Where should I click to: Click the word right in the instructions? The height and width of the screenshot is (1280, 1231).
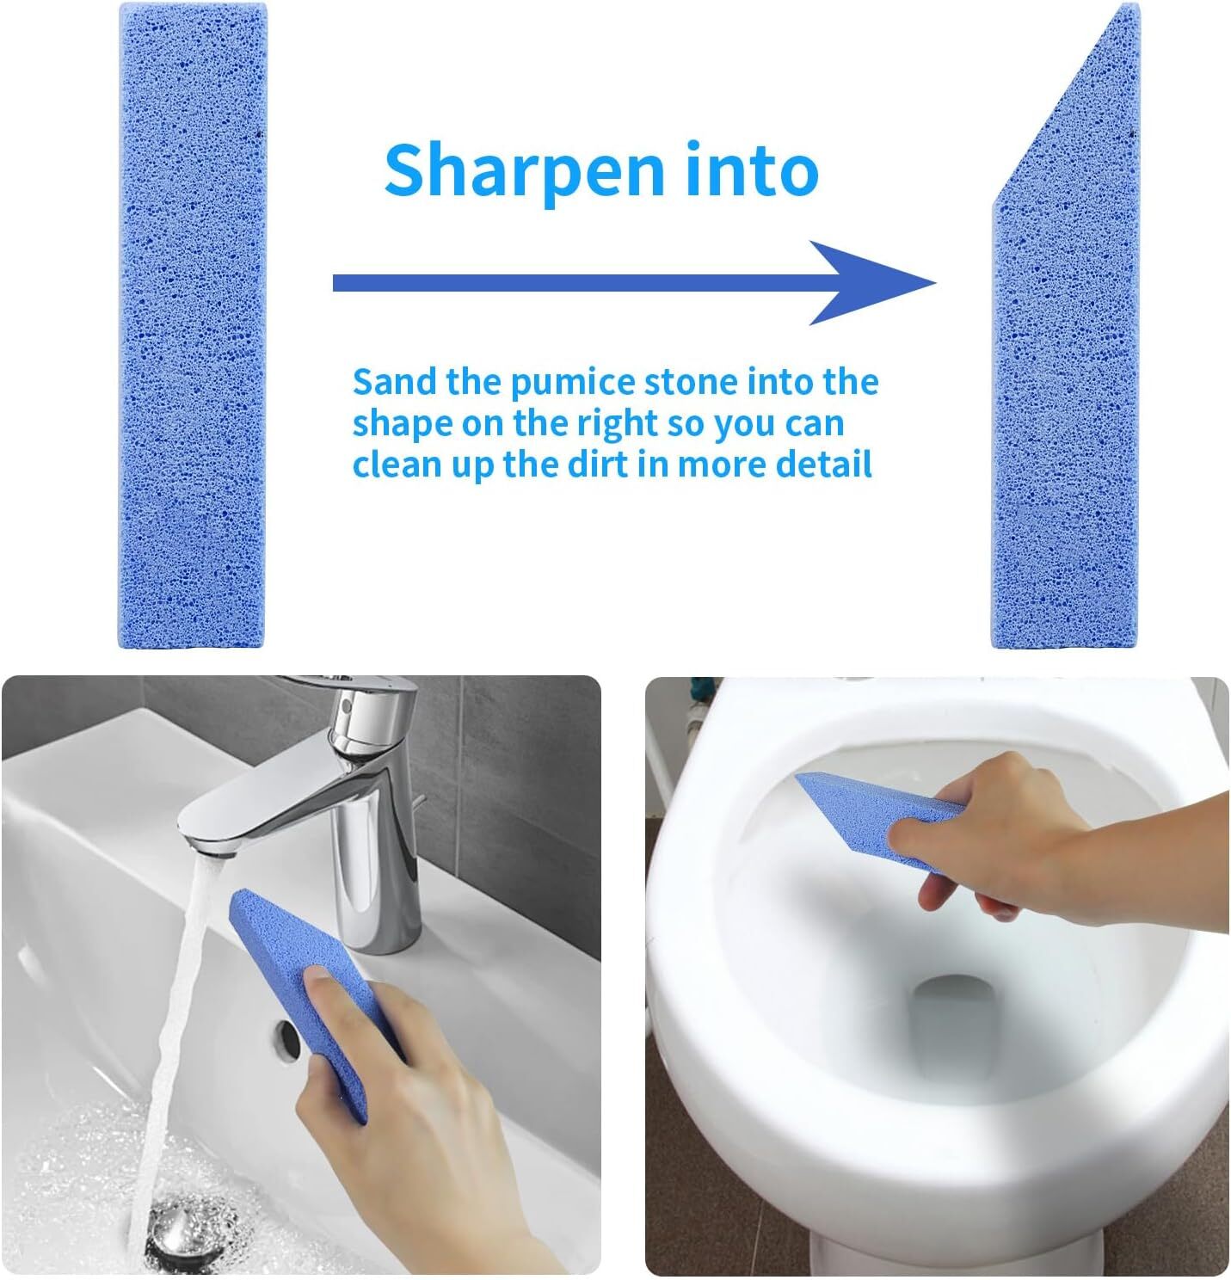coord(618,425)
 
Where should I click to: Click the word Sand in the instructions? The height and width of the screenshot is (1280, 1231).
coord(395,382)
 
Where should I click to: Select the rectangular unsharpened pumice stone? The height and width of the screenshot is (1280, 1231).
coord(192,325)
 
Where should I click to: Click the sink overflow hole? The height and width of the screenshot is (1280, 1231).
coord(287,1038)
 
